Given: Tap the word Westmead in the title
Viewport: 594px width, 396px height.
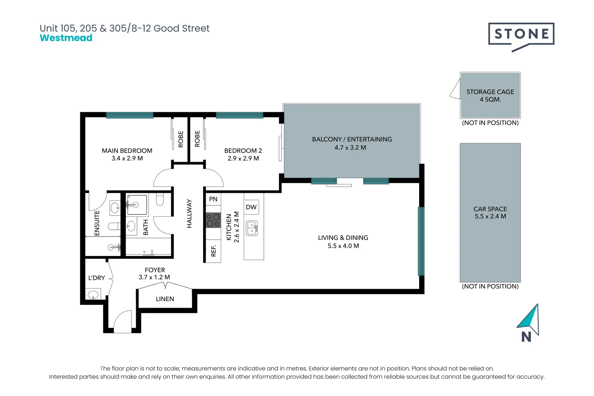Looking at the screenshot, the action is point(66,38).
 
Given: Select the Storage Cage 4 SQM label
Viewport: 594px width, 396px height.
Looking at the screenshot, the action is point(490,95).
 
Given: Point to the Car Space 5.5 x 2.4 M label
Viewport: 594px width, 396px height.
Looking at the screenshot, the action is point(490,212).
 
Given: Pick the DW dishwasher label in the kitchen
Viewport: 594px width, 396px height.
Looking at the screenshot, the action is point(251,207).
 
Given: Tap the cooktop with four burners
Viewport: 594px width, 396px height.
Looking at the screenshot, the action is point(213,220).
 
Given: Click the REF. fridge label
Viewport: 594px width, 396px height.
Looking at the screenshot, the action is point(213,251).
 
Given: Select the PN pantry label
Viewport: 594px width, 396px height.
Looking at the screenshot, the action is point(213,199).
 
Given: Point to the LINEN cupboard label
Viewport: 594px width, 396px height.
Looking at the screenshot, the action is point(165,299).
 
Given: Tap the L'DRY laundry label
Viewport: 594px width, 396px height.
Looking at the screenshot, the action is point(96,278).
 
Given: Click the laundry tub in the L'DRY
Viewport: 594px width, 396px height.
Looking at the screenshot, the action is point(93,294).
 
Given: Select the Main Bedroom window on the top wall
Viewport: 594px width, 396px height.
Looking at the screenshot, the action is point(130,115).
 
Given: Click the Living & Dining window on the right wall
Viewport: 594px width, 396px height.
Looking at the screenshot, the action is point(421,241).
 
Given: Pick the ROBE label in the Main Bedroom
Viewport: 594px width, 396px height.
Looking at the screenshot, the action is point(181,139).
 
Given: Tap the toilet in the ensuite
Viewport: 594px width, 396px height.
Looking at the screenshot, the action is point(114,226).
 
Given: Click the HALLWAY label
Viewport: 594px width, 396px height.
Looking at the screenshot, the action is point(189,213).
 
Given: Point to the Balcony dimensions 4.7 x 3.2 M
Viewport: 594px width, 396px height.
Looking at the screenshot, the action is point(350,147).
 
